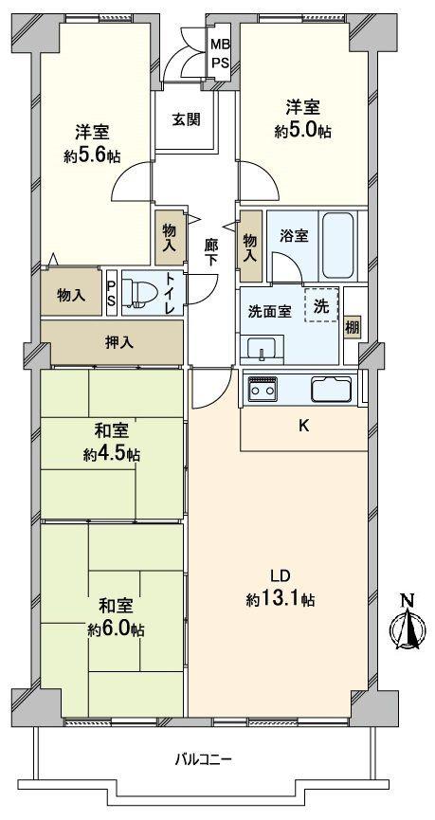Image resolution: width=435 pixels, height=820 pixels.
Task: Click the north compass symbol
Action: pos(408,626)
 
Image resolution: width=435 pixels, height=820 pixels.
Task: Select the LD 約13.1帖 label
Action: pos(280,588)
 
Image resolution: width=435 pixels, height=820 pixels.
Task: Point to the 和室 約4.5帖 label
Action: pos(111,442)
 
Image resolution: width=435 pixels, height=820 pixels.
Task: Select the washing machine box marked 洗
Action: pos(320,306)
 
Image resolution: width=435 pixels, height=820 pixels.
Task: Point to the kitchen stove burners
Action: pos(261,388)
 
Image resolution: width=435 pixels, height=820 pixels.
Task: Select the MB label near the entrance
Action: pos(219,44)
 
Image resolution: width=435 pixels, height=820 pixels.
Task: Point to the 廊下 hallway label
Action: pos(211,250)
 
